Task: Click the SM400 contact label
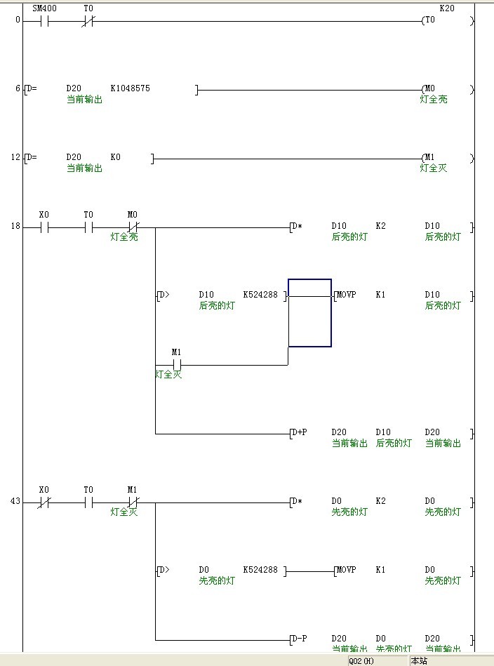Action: (x=45, y=8)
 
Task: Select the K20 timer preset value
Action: (x=446, y=8)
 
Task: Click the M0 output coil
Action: (x=429, y=89)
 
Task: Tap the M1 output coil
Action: (x=429, y=158)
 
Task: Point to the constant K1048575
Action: (x=130, y=88)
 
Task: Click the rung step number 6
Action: (x=18, y=89)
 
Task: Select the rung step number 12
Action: (x=16, y=158)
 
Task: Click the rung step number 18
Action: (x=16, y=227)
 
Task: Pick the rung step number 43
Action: (x=16, y=502)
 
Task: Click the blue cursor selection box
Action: (x=309, y=313)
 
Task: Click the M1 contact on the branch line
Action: (x=177, y=364)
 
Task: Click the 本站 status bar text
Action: (x=419, y=661)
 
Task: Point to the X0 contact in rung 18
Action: (x=44, y=227)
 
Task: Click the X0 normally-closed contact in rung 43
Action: (x=44, y=502)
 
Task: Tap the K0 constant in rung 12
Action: (x=115, y=157)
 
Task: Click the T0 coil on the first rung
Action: (x=429, y=20)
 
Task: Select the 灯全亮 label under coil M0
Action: (x=434, y=100)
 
